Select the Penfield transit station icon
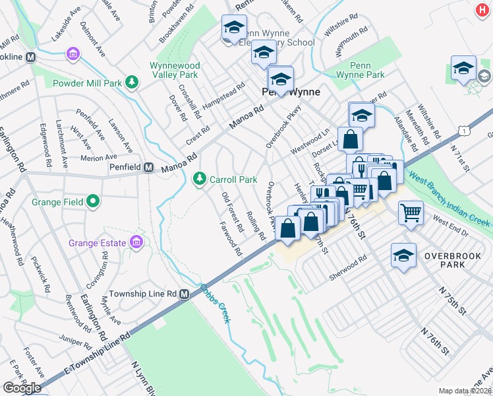pyautogui.click(x=150, y=168)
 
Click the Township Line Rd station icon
pyautogui.click(x=187, y=293)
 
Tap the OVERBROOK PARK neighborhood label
pyautogui.click(x=454, y=259)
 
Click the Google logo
pyautogui.click(x=22, y=388)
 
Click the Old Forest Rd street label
pyautogui.click(x=228, y=207)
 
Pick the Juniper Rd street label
pyautogui.click(x=73, y=342)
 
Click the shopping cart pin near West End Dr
pyautogui.click(x=411, y=212)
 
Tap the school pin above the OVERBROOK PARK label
pyautogui.click(x=403, y=255)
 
